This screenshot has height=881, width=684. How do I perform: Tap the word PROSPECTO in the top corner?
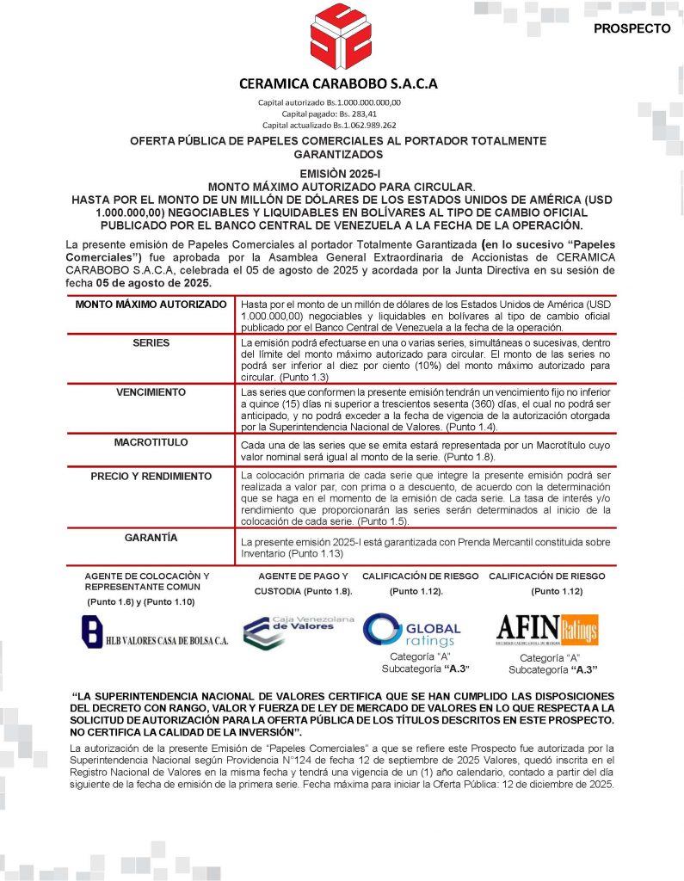pyautogui.click(x=632, y=28)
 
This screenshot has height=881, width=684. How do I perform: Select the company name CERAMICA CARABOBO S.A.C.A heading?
pyautogui.click(x=339, y=83)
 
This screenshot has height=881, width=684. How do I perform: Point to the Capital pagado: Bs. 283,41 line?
pyautogui.click(x=341, y=113)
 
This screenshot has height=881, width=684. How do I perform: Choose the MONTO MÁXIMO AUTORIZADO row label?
pyautogui.click(x=151, y=305)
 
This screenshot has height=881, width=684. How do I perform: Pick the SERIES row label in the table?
pyautogui.click(x=151, y=342)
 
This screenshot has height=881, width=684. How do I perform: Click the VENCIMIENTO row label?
pyautogui.click(x=151, y=391)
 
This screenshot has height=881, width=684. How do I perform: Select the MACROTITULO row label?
pyautogui.click(x=151, y=441)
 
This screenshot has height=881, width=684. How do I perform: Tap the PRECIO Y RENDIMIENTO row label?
pyautogui.click(x=151, y=476)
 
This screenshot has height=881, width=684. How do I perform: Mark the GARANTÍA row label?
pyautogui.click(x=151, y=538)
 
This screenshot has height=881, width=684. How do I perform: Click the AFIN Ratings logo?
pyautogui.click(x=546, y=630)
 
